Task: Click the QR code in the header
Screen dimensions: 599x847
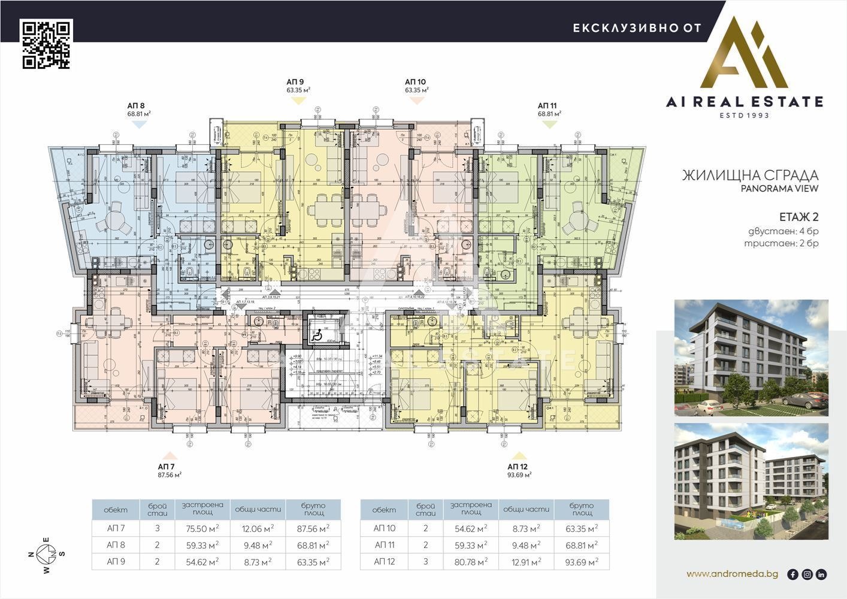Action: (47, 44)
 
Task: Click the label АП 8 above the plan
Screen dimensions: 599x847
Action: (136, 104)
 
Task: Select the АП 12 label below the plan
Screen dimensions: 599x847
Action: (517, 466)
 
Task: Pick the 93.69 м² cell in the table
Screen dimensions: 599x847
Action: (581, 562)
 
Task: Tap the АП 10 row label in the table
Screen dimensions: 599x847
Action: (385, 528)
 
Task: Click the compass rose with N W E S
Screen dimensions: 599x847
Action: (46, 553)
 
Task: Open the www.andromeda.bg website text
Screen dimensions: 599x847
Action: (732, 574)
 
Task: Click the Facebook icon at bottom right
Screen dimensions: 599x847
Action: (792, 574)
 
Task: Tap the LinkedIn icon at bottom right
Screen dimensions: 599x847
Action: (821, 574)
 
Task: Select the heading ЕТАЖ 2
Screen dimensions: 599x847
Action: (798, 217)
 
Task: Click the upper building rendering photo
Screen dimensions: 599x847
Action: (751, 358)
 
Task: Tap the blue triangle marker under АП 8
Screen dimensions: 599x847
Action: (138, 124)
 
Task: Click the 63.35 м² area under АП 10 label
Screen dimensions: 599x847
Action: (416, 90)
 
